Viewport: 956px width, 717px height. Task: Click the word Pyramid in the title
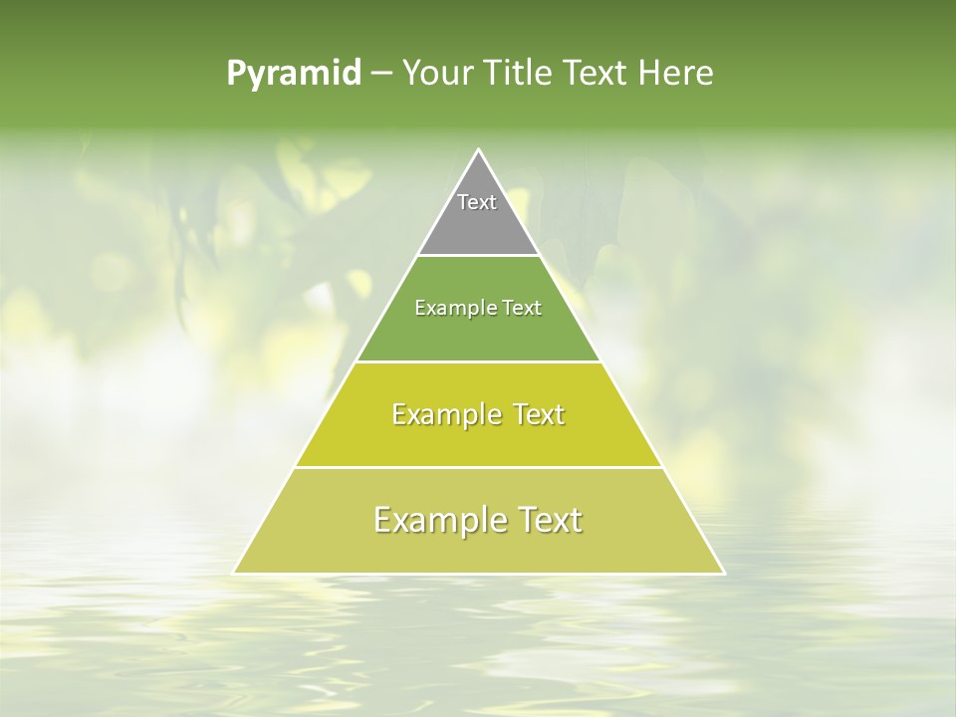[294, 74]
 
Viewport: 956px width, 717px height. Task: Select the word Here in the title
[676, 74]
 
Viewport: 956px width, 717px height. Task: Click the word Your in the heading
[436, 74]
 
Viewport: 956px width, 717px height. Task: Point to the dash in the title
[381, 74]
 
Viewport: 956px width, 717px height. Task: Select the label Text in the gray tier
[477, 202]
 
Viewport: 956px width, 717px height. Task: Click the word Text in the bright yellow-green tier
[539, 414]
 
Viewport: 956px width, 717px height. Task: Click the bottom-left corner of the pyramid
[235, 573]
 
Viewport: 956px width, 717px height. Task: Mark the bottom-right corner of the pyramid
[723, 573]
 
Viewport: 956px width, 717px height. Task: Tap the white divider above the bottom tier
[478, 467]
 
